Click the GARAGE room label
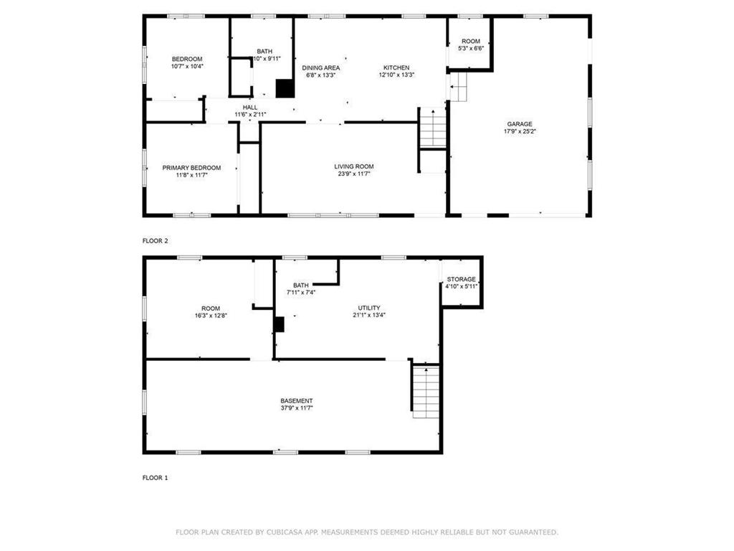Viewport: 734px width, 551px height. click(520, 124)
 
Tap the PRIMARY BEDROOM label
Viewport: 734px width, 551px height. click(191, 168)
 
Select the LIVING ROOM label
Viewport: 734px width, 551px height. click(354, 166)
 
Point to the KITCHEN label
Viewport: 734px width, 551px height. click(396, 67)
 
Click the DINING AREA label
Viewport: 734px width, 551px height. click(320, 68)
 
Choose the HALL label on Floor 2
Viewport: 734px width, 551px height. click(250, 108)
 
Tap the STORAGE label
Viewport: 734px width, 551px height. click(461, 279)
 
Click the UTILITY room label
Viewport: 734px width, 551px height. click(369, 308)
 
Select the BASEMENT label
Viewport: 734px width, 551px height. click(296, 400)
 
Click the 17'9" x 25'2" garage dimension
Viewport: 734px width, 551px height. click(520, 132)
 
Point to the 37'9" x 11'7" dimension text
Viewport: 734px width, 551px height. click(296, 408)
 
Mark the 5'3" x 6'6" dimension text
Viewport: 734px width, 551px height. click(471, 48)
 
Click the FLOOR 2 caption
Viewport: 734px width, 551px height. click(155, 241)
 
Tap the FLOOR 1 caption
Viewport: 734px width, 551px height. click(155, 478)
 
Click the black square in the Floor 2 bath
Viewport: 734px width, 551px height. click(285, 88)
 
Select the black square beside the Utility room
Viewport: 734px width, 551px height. click(279, 324)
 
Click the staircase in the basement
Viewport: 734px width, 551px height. click(426, 392)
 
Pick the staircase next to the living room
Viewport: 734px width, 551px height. click(433, 128)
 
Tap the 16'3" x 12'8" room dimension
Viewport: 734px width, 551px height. click(211, 316)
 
